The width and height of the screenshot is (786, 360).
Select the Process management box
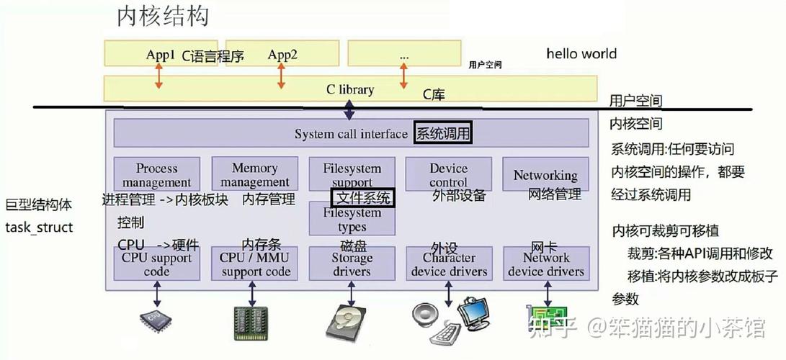156,175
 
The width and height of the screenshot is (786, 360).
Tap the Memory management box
254,175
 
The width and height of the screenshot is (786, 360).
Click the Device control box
448,175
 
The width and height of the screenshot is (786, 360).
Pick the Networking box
545,175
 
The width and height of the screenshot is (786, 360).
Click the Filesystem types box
352,220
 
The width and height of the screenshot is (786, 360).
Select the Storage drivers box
352,264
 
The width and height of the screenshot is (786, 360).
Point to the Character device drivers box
449,264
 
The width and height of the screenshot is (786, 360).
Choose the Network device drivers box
546,264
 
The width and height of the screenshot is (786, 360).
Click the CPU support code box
156,264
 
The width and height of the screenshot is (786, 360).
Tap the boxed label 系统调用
442,134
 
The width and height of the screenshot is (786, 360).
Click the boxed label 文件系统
363,197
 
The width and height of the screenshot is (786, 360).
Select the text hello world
581,53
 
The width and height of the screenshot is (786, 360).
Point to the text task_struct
39,228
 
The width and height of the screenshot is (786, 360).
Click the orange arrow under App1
158,76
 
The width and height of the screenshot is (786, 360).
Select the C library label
350,89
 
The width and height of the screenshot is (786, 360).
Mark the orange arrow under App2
281,76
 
